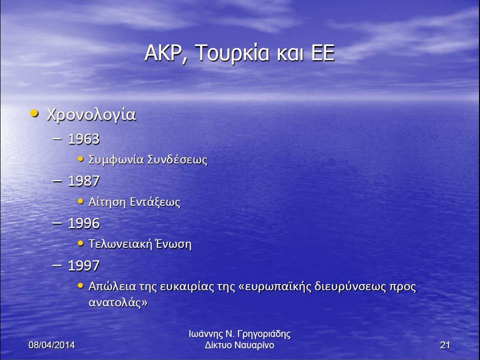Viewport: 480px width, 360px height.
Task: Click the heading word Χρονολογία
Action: coord(91,115)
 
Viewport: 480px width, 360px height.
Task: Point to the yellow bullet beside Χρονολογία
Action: coord(34,113)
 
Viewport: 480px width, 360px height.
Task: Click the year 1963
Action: coord(83,139)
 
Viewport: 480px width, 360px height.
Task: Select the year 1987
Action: coord(83,181)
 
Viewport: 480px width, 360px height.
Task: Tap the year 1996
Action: coord(83,223)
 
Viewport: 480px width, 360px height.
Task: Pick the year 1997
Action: coord(83,265)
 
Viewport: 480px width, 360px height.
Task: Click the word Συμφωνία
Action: coord(116,160)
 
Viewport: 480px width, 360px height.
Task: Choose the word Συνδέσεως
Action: coord(177,160)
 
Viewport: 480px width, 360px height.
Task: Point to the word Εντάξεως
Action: coord(155,202)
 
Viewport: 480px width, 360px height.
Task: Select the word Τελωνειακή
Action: coord(119,244)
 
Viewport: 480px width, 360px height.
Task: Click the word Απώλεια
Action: coord(112,286)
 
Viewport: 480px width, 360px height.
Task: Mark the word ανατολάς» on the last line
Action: coord(118,303)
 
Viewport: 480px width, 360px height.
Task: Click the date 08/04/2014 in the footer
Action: coord(51,345)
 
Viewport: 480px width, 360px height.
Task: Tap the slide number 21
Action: coord(445,345)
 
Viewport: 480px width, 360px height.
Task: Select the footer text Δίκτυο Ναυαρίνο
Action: coord(239,345)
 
